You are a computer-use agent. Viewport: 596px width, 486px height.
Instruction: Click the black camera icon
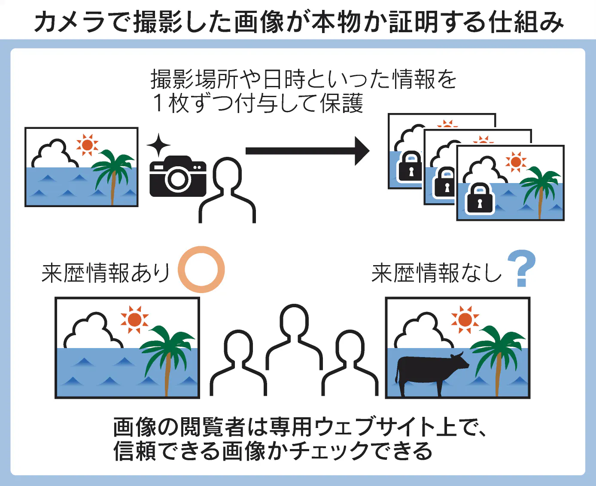(x=177, y=177)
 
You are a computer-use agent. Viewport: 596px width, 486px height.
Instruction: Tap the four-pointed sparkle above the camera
(x=158, y=144)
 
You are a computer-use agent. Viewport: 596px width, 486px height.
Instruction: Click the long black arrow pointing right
(x=307, y=151)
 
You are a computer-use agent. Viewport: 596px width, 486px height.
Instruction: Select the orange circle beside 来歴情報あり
(x=201, y=269)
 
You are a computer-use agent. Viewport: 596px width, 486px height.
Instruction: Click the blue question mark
(x=521, y=268)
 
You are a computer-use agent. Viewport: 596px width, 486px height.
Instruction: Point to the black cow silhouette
(x=429, y=370)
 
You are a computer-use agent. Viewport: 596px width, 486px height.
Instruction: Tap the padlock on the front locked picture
(x=480, y=199)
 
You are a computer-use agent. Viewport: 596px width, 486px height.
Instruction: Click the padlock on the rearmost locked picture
(x=411, y=167)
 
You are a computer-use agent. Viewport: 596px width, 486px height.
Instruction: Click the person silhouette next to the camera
(x=227, y=189)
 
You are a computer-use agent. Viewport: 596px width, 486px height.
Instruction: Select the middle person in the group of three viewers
(x=294, y=335)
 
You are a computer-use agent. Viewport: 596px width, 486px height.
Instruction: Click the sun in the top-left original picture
(x=87, y=145)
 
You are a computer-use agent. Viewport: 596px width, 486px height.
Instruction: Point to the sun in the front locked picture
(x=516, y=162)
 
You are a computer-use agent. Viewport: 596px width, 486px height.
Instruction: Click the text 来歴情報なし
(x=436, y=273)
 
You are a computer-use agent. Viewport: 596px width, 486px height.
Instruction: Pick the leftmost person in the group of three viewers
(x=238, y=361)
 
